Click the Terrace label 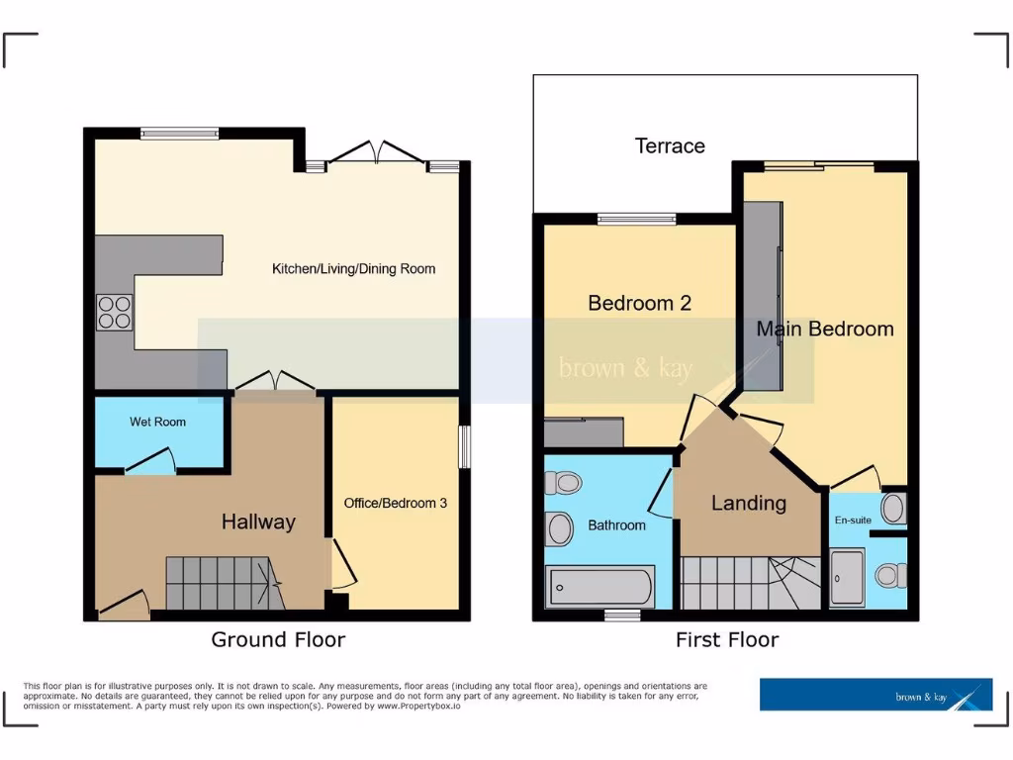[x=670, y=146]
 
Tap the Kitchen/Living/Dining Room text [x=353, y=269]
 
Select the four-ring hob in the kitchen [x=114, y=312]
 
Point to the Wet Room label [x=157, y=422]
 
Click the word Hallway [x=257, y=522]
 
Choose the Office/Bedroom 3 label [x=395, y=503]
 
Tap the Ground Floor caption [x=278, y=639]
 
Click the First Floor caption [x=726, y=639]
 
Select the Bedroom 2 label [x=639, y=303]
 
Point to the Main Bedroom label [x=825, y=329]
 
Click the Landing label [x=749, y=503]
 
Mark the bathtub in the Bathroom [x=599, y=587]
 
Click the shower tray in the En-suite [x=848, y=577]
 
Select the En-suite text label [x=852, y=521]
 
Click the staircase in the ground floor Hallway [x=218, y=583]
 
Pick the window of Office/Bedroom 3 [x=463, y=445]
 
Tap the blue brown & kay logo [x=875, y=695]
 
